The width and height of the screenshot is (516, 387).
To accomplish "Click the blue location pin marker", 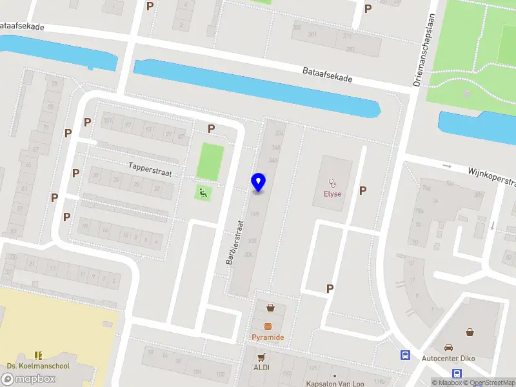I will pos(258,183).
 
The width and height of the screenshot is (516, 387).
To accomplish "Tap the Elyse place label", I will pos(332,193).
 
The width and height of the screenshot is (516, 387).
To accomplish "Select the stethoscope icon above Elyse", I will pos(333,183).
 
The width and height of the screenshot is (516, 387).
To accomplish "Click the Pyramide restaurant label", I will pos(268,337).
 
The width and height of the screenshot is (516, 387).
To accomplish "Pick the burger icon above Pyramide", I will pos(268,325).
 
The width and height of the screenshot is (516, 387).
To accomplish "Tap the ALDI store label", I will pos(261,367).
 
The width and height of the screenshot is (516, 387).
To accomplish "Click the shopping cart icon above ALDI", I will pos(261,356).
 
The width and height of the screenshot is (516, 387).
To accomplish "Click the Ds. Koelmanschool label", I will pos(37,366).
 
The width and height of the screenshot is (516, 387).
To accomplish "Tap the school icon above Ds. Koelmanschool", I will pos(38,355).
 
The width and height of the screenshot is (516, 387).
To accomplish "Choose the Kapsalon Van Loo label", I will pos(335,383).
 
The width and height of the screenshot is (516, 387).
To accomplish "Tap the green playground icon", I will pos(203,192).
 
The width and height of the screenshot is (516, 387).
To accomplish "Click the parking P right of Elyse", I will pos(362,190).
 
